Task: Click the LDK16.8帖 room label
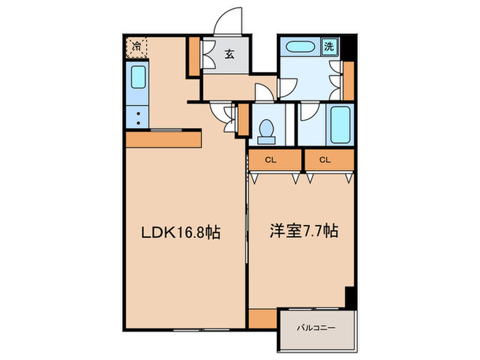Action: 180,233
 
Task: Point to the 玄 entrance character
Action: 229,56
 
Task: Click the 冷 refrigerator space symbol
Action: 136,47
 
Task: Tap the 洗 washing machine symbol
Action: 330,47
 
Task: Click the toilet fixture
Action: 265,129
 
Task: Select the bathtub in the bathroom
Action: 339,124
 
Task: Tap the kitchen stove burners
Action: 138,117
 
